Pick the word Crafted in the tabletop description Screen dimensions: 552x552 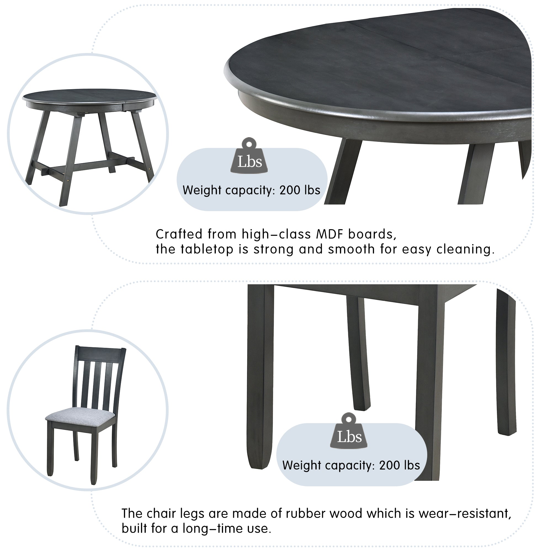(x=179, y=234)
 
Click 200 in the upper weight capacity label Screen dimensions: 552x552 (x=290, y=190)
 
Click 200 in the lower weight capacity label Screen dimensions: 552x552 (x=389, y=465)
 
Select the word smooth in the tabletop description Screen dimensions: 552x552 (x=351, y=249)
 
